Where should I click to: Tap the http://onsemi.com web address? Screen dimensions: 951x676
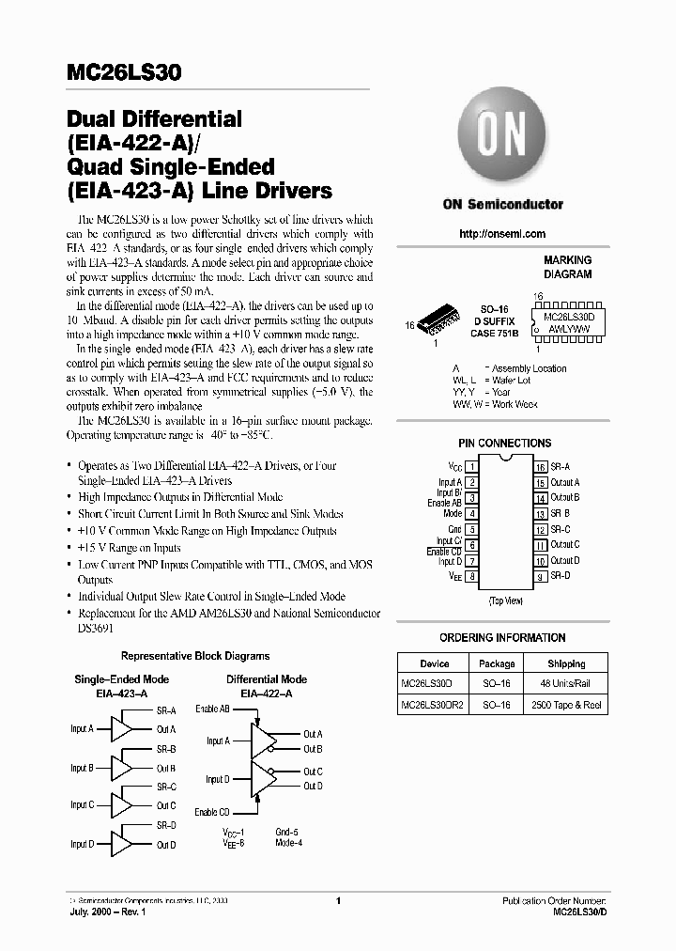pos(502,234)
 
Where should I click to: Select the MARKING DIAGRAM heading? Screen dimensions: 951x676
pos(568,267)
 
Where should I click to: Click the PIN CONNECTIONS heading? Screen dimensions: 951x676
pos(504,443)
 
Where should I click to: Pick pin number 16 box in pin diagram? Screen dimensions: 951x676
pos(541,466)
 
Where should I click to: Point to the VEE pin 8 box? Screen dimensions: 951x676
pos(471,575)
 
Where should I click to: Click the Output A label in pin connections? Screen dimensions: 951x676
pos(565,482)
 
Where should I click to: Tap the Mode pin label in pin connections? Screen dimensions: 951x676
pos(453,513)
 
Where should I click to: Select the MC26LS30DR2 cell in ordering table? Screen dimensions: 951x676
pos(434,704)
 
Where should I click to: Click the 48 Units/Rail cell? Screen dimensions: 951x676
pos(566,683)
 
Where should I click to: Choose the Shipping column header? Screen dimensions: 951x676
pos(566,663)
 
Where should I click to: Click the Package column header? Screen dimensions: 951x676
pos(497,663)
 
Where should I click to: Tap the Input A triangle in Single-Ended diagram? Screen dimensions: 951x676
pos(121,729)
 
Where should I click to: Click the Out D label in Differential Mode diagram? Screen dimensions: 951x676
pos(313,787)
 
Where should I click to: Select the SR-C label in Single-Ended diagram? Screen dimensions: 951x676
pos(166,787)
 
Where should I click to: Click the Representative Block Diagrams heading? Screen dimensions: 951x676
pos(195,656)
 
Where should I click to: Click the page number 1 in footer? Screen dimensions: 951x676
pos(337,901)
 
